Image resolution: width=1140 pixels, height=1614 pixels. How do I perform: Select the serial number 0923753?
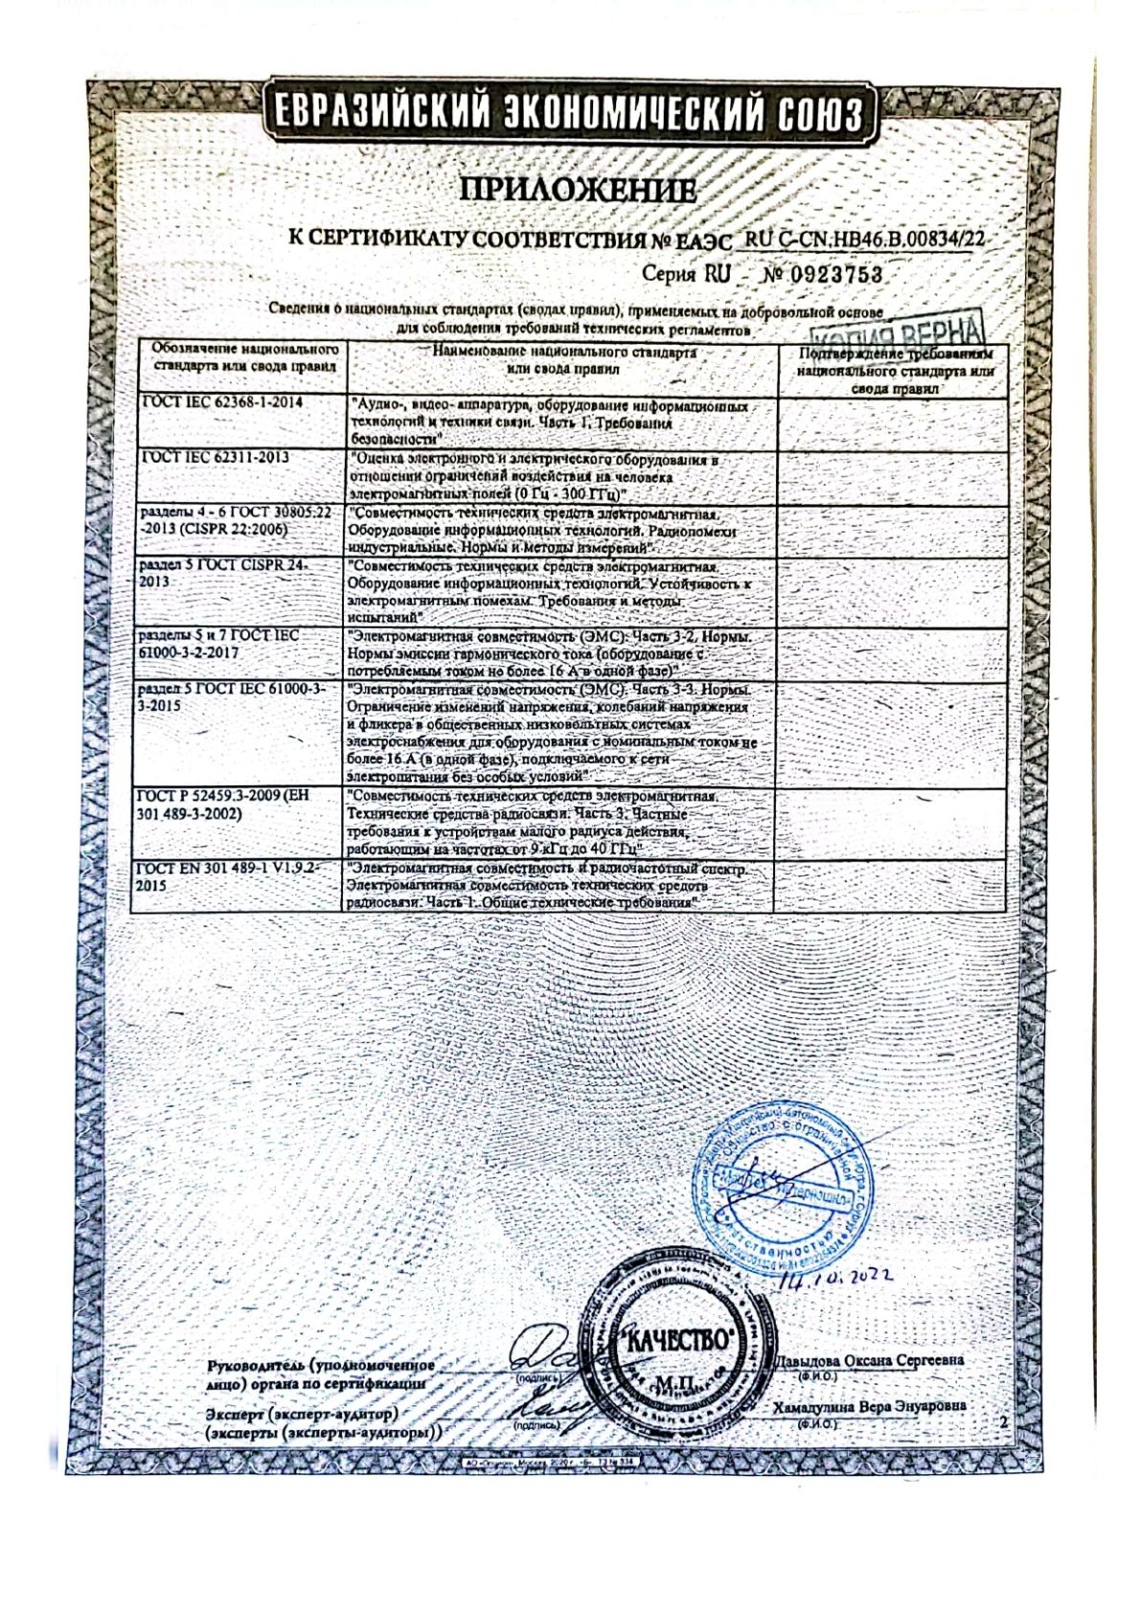tap(834, 275)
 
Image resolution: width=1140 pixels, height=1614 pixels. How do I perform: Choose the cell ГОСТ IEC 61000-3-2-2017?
tap(220, 644)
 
